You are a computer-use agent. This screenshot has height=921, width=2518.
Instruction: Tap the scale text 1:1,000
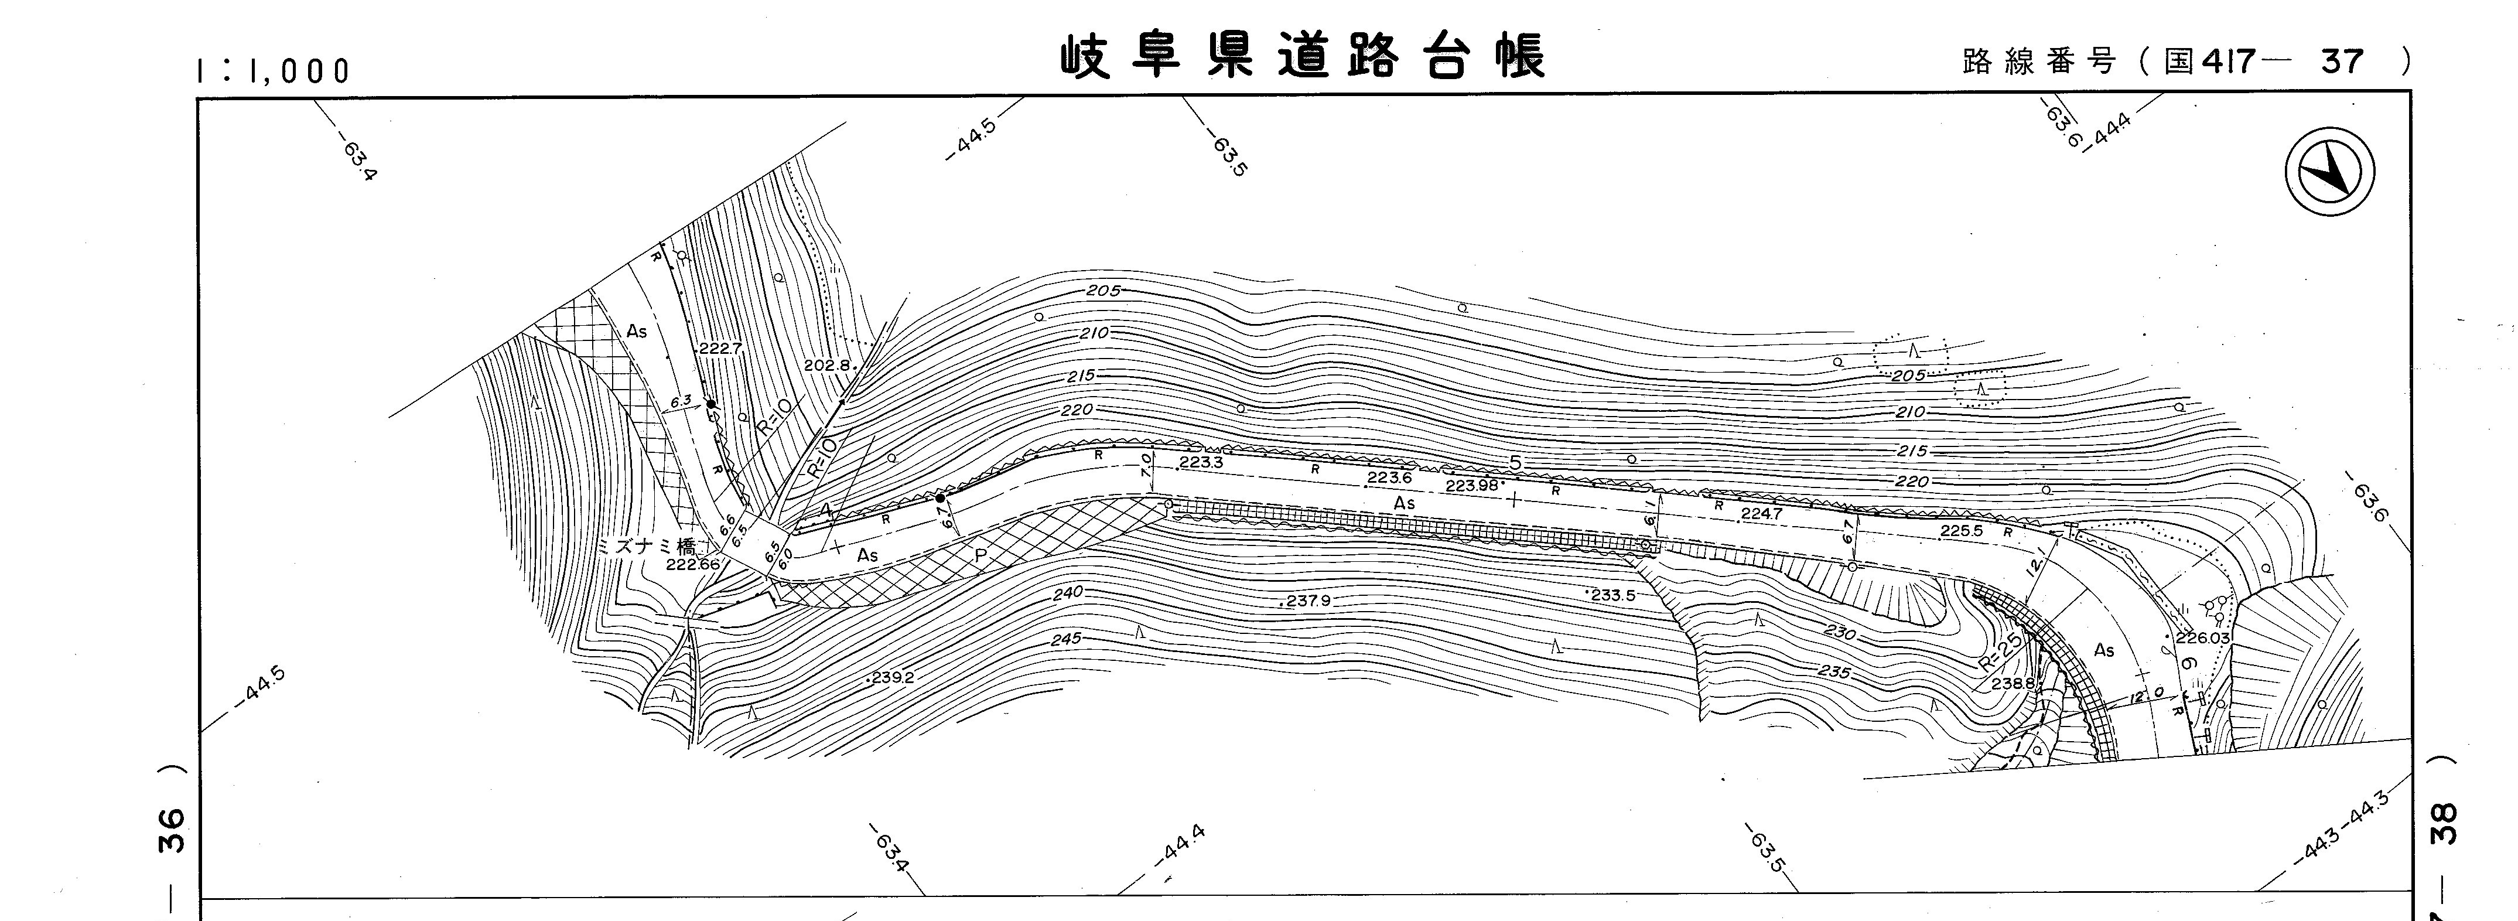273,70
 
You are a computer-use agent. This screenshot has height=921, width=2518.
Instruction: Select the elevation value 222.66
692,564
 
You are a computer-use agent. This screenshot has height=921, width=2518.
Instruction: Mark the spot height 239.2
891,677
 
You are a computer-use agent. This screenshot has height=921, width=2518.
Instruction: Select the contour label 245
1067,639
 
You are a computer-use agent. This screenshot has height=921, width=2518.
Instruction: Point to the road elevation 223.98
1471,486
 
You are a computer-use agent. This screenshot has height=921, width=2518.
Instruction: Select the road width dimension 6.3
681,400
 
